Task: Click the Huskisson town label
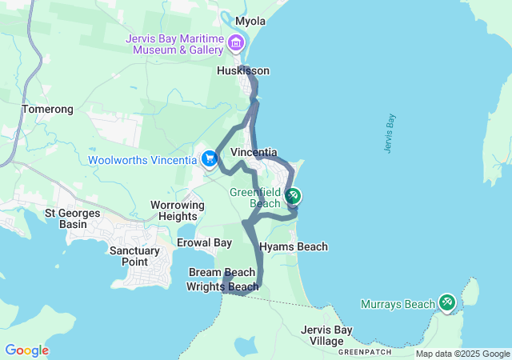[x=243, y=71]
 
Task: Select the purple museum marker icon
[x=236, y=42]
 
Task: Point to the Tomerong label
[x=47, y=109]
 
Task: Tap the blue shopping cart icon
[x=210, y=158]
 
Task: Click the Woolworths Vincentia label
[x=142, y=159]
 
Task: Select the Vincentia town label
[x=254, y=152]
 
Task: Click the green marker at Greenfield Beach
[x=294, y=195]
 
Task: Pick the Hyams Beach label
[x=293, y=247]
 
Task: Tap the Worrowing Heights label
[x=174, y=210]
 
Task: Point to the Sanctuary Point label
[x=134, y=256]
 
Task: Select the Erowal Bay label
[x=204, y=242]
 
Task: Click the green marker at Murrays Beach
[x=447, y=302]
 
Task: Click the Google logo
[x=26, y=350]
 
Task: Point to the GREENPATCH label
[x=366, y=352]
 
